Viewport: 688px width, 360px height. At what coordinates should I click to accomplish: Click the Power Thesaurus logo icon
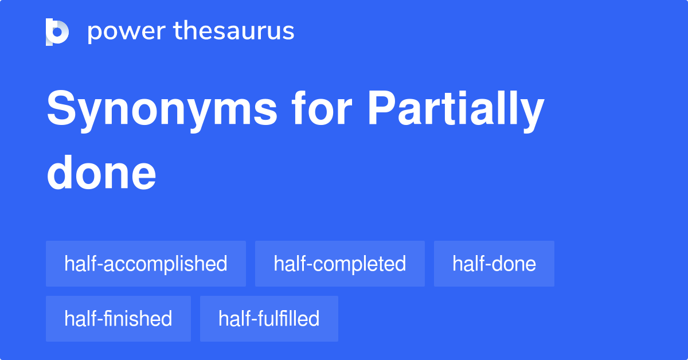[57, 32]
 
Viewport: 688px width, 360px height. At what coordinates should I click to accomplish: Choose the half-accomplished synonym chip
[146, 264]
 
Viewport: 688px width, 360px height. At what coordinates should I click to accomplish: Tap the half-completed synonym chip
[339, 264]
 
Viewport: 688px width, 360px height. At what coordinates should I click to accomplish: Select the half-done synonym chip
[494, 264]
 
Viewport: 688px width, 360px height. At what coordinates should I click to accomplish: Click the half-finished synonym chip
[118, 319]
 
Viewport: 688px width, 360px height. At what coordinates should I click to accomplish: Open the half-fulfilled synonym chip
[269, 319]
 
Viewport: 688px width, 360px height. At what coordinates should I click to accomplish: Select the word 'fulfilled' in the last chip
[291, 319]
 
